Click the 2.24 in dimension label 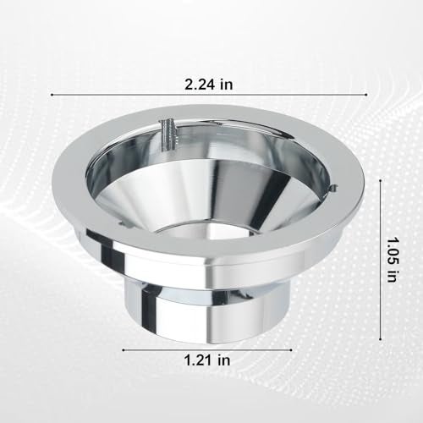coord(209,84)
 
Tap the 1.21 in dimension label coord(207,360)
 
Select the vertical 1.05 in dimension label coord(392,260)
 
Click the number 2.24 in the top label coord(199,84)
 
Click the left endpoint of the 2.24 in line coord(52,95)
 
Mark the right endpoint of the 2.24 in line coord(366,95)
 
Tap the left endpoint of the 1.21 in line coord(124,350)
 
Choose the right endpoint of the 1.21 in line coord(291,350)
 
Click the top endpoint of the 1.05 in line coord(381,180)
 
